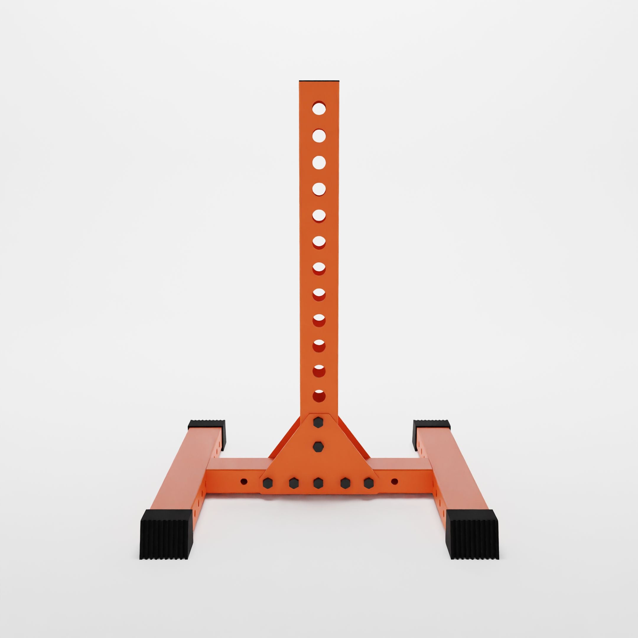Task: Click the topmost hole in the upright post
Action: [x=319, y=108]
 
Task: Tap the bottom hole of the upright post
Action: [x=319, y=396]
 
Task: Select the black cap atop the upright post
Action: [x=319, y=81]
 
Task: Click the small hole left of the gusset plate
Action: [x=244, y=481]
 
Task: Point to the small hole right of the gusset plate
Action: [x=394, y=481]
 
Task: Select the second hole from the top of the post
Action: [x=319, y=136]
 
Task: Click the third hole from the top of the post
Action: [x=319, y=162]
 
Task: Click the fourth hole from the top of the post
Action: [x=319, y=189]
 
